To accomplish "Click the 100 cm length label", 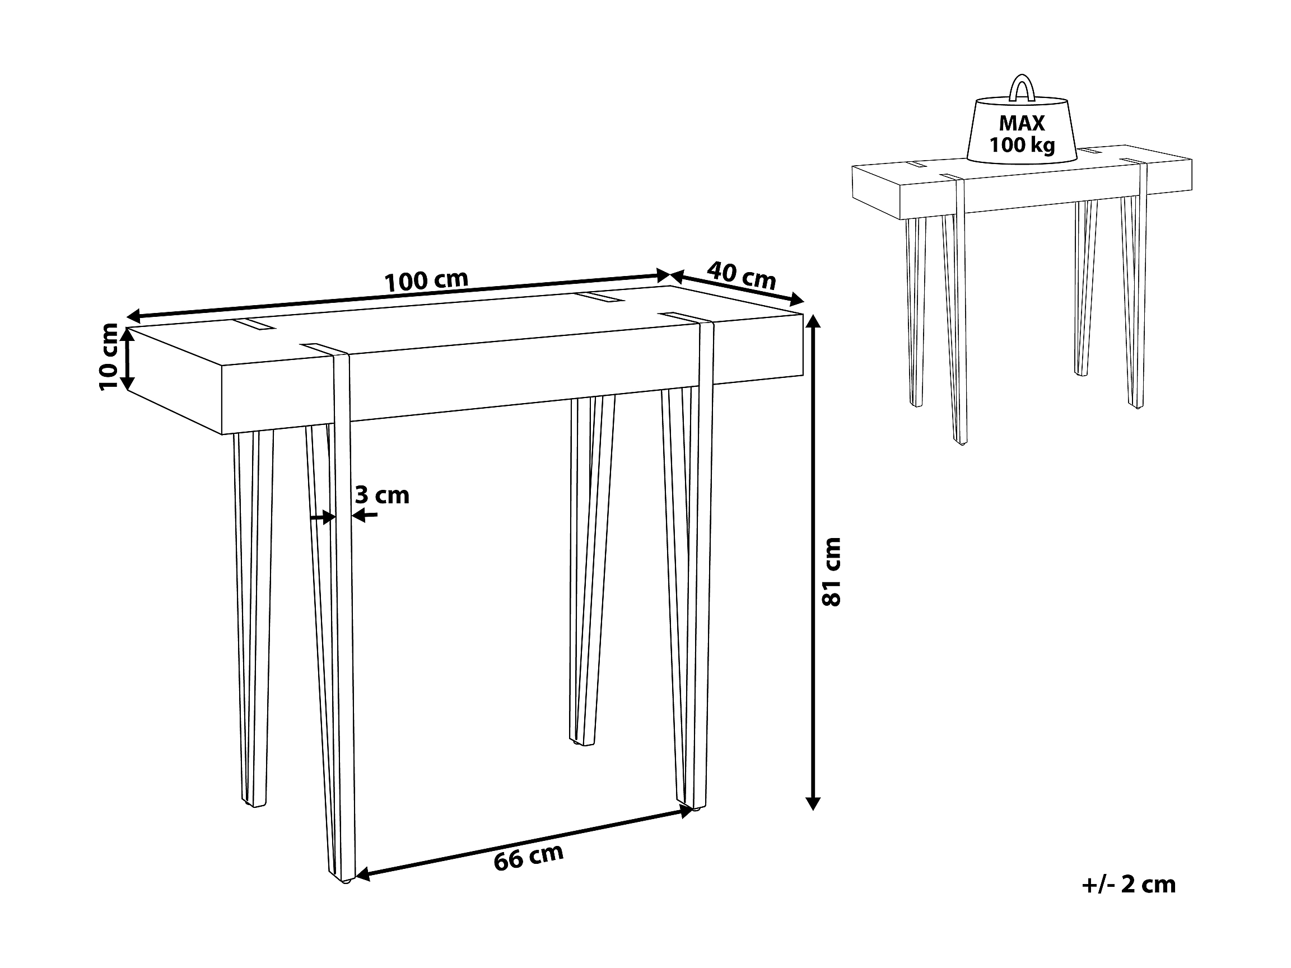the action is (x=427, y=281).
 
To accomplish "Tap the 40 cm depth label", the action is (x=741, y=275).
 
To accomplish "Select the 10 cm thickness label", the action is (x=109, y=357).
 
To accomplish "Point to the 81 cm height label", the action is (x=831, y=572).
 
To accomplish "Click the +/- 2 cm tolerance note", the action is (x=1129, y=885).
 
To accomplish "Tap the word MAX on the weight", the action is (x=1022, y=123).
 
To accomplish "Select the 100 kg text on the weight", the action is (x=1022, y=144).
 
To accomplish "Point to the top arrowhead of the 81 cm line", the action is (x=813, y=322).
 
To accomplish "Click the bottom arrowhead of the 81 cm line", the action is (x=813, y=802).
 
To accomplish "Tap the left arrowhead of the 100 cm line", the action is (x=135, y=317).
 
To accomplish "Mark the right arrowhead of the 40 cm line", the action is (x=796, y=301).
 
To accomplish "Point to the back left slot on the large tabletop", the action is (x=255, y=324).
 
